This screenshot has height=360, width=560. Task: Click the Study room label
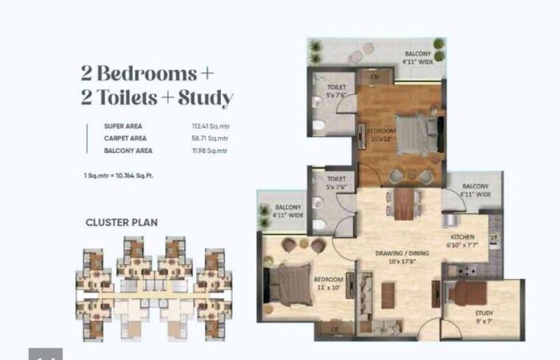(483, 317)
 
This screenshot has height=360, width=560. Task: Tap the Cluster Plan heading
(122, 222)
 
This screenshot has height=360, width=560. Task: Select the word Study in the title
(206, 98)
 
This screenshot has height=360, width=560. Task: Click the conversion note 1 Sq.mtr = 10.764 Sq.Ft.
(119, 176)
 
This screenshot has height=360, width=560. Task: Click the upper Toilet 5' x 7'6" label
(335, 91)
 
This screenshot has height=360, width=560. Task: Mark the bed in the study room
(472, 293)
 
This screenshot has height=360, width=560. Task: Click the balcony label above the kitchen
(475, 190)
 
